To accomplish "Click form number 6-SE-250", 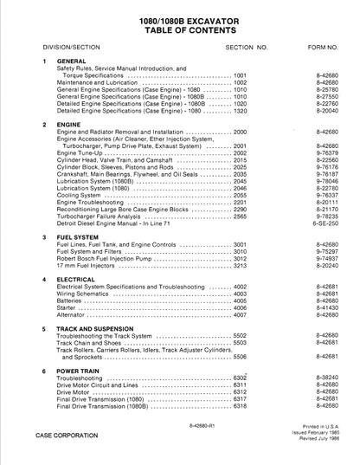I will [326, 223].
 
